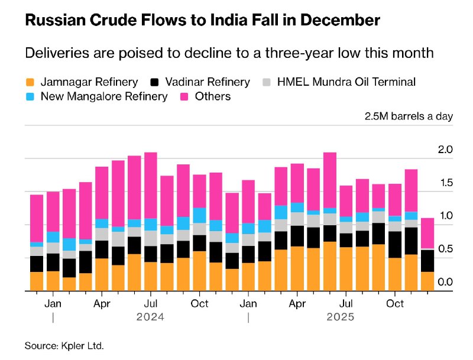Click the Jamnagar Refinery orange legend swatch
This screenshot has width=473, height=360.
pos(30,82)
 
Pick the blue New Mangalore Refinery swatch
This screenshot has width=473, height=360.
pos(30,96)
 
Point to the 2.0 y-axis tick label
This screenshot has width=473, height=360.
pos(445,150)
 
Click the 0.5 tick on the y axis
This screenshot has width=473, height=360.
pos(445,249)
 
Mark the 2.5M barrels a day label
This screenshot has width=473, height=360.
pos(409,116)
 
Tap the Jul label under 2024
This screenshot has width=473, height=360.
pos(151,303)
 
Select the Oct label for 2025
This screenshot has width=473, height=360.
pos(395,303)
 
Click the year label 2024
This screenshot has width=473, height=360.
pos(150,317)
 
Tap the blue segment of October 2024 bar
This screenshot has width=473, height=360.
pos(199,215)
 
